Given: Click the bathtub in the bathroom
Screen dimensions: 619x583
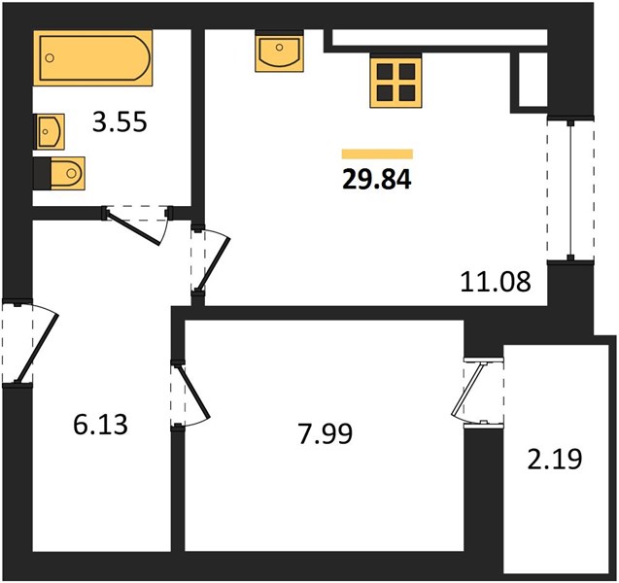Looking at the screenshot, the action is click(92, 58).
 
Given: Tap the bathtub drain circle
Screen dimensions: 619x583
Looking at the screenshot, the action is click(50, 58).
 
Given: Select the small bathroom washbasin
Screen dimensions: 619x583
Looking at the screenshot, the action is click(51, 131).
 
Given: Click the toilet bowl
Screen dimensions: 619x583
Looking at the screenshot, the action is click(68, 173).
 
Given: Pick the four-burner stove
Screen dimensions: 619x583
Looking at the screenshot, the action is click(395, 82).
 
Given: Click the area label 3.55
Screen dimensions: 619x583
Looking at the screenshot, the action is click(120, 121).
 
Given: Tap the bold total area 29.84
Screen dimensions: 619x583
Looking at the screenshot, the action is click(377, 180).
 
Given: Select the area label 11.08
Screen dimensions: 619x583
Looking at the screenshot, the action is click(496, 282).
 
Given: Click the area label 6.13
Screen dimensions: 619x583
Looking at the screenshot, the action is click(101, 425).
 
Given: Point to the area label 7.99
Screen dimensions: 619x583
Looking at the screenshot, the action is click(326, 433).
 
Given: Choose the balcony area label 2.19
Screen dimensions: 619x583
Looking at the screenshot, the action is click(555, 460).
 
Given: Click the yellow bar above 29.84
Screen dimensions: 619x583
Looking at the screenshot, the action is click(377, 154).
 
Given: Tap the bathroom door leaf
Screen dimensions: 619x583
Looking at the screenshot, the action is click(132, 228).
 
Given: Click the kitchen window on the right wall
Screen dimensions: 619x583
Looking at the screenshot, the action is click(570, 189).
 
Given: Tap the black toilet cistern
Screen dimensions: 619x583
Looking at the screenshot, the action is click(42, 174).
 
